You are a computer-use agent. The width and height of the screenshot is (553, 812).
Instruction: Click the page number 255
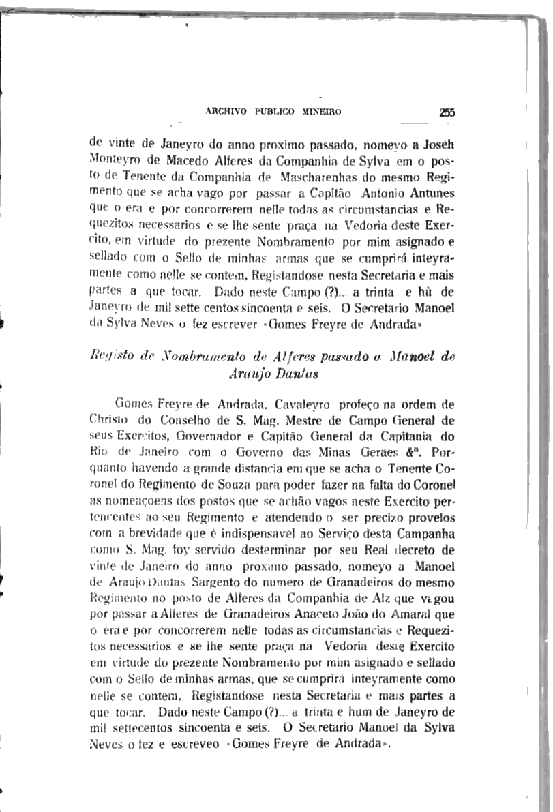(x=447, y=114)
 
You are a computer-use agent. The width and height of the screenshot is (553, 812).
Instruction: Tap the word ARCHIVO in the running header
(x=224, y=111)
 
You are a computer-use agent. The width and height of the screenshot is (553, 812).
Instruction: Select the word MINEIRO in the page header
(x=321, y=111)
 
